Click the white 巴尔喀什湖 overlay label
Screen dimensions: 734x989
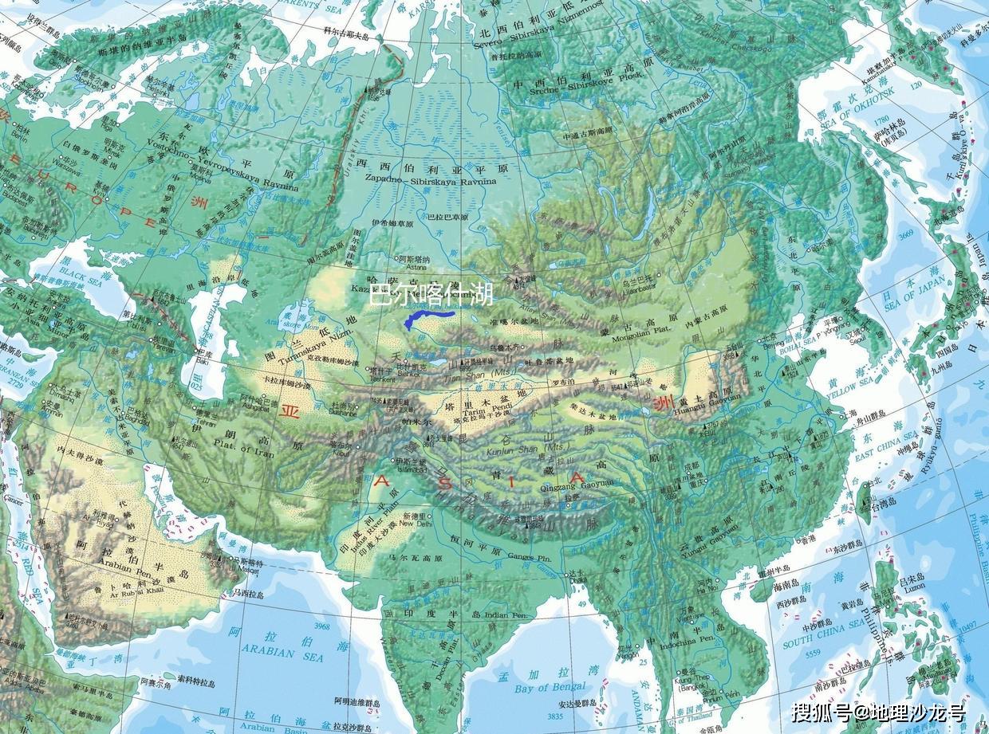point(431,295)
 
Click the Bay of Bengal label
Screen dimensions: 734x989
point(550,687)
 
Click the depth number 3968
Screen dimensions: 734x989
point(321,626)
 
